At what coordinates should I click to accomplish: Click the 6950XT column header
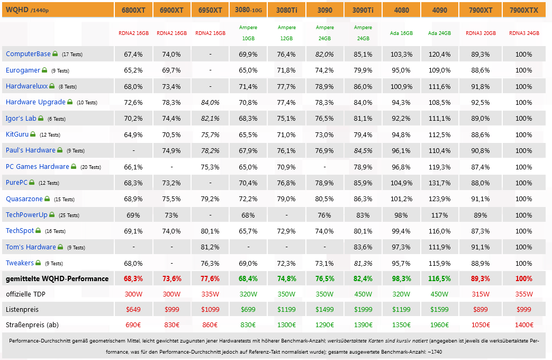click(x=210, y=10)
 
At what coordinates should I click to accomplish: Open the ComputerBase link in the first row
click(x=28, y=54)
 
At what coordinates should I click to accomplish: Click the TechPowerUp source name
click(x=26, y=215)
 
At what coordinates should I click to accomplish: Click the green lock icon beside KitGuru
click(x=33, y=134)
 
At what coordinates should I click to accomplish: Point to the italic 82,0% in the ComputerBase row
click(x=324, y=55)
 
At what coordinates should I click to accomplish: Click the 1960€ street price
click(x=439, y=325)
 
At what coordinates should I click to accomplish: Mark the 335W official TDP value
click(x=210, y=294)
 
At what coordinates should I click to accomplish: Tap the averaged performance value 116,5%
click(x=439, y=278)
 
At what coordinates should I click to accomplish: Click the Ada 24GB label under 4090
click(x=439, y=33)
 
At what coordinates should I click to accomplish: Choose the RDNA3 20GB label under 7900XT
click(x=481, y=33)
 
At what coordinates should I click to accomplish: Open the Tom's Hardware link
click(x=31, y=247)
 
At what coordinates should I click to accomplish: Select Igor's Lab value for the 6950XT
click(x=210, y=119)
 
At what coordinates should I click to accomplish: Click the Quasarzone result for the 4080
click(x=401, y=199)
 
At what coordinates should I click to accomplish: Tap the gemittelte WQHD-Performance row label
click(x=57, y=278)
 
